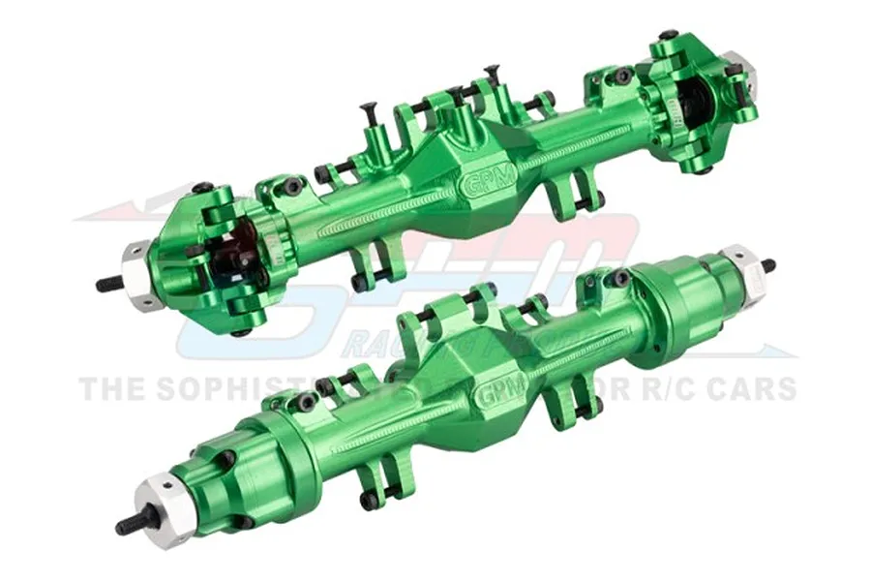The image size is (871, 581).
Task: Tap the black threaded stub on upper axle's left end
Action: point(108,283)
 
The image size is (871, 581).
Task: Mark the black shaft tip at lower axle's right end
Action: point(768,264)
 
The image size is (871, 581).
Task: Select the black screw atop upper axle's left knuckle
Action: point(202,187)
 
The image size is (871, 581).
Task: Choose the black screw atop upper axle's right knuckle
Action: point(668,36)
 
